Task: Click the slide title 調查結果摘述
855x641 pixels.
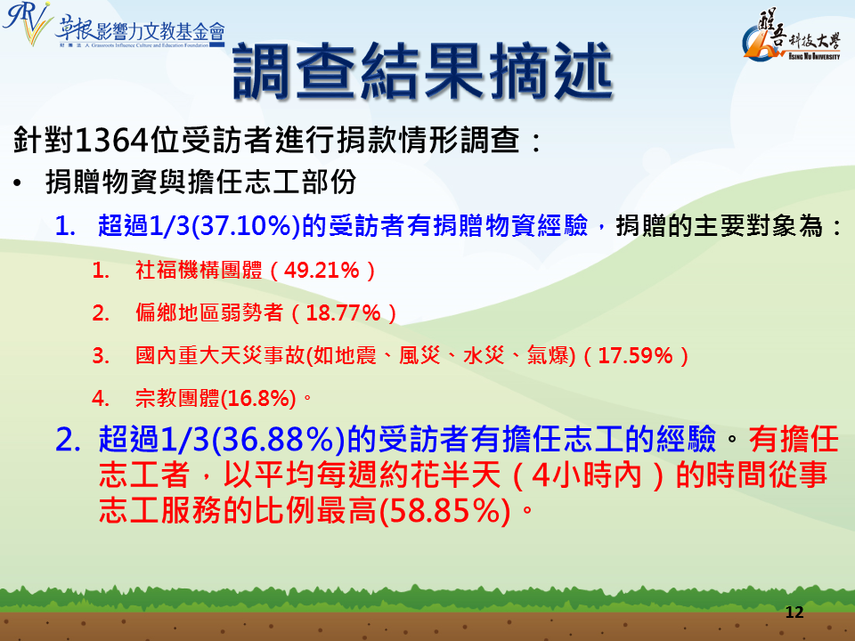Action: [423, 72]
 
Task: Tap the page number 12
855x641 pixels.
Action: [794, 613]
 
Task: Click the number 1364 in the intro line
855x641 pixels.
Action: [111, 140]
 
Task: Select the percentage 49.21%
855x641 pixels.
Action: [322, 270]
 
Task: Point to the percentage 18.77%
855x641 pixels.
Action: [343, 312]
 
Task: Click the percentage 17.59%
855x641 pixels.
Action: [635, 356]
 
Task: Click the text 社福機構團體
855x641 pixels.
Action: [199, 270]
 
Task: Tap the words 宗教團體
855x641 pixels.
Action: [177, 399]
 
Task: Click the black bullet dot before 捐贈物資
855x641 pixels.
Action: [18, 183]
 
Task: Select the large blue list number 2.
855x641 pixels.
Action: [68, 439]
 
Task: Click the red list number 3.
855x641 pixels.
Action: [101, 356]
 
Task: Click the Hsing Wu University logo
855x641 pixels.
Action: [792, 35]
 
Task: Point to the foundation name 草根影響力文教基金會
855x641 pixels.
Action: [140, 31]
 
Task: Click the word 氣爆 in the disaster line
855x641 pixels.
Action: [548, 356]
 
